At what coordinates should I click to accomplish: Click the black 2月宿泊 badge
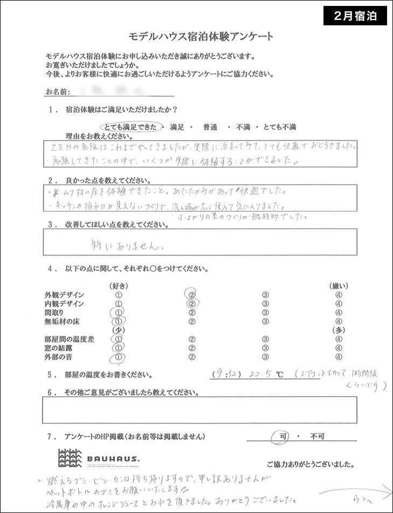[x=355, y=15]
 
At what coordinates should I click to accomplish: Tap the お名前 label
[x=57, y=92]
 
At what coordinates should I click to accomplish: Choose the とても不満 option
[x=278, y=127]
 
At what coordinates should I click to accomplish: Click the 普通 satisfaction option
[x=210, y=127]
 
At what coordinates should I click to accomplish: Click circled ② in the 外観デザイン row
[x=192, y=295]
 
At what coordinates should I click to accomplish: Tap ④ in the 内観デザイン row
[x=339, y=304]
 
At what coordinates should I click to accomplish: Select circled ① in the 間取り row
[x=117, y=313]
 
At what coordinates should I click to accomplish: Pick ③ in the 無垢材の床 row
[x=265, y=322]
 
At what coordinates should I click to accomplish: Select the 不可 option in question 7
[x=316, y=436]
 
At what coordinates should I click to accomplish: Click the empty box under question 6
[x=199, y=410]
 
